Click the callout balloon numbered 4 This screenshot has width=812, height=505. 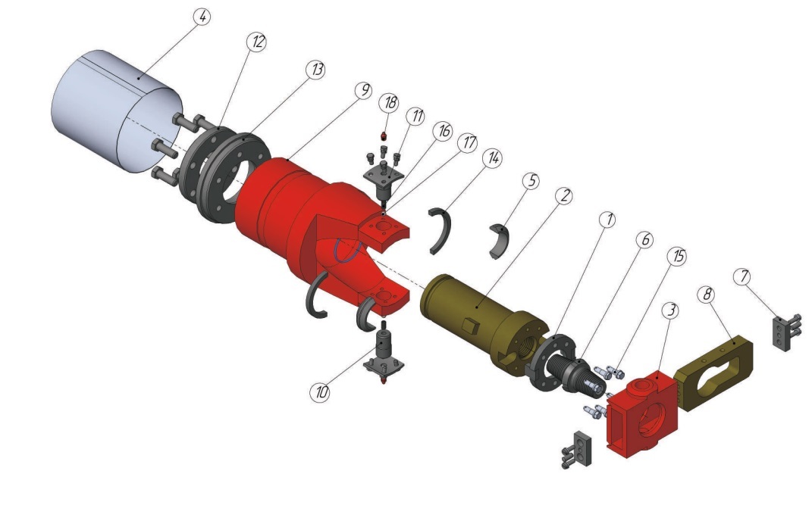pyautogui.click(x=202, y=17)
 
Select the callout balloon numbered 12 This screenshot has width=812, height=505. pyautogui.click(x=256, y=42)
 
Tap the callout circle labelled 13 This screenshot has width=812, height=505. pyautogui.click(x=315, y=69)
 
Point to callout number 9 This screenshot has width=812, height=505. pyautogui.click(x=363, y=90)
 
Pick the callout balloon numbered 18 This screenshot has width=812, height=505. pyautogui.click(x=388, y=102)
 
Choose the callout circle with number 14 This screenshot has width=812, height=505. pyautogui.click(x=493, y=157)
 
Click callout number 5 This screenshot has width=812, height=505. pyautogui.click(x=531, y=181)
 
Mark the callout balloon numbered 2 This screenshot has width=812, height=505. pyautogui.click(x=564, y=195)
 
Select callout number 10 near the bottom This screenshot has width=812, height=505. pyautogui.click(x=320, y=392)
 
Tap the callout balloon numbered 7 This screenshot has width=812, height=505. pyautogui.click(x=743, y=276)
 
